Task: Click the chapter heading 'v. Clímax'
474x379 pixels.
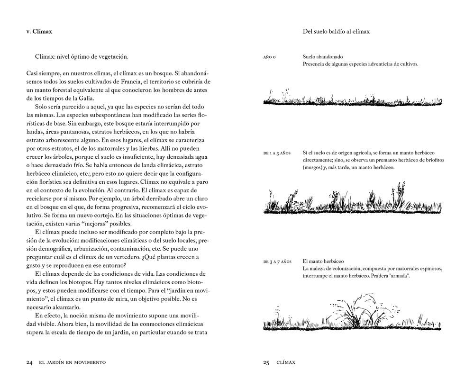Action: (39, 32)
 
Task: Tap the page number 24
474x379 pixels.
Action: (29, 362)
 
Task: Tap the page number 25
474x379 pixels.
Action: (266, 362)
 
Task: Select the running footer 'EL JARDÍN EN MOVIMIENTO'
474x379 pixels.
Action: (72, 362)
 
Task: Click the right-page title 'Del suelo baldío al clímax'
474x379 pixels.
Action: (336, 32)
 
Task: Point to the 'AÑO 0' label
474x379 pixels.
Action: (270, 57)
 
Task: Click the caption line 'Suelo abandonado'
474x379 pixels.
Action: (322, 57)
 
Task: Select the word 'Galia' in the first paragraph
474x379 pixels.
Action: (87, 98)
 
